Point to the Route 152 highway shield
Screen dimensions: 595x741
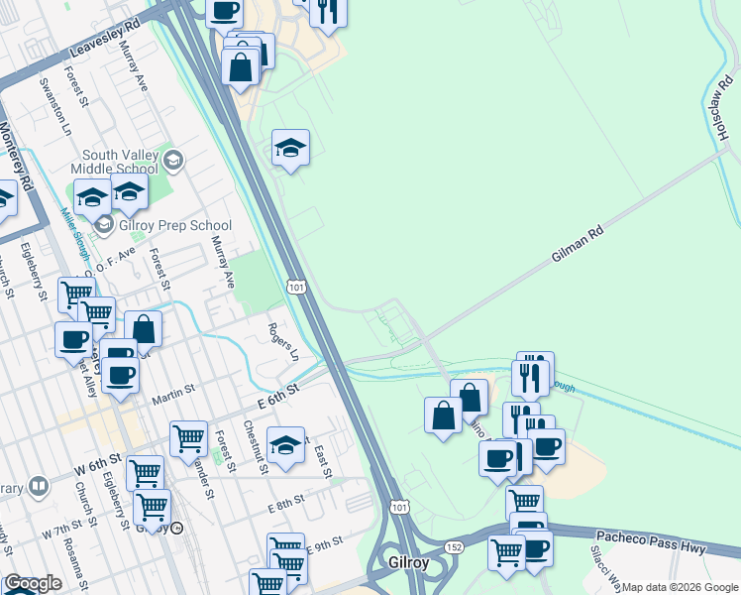[455, 546]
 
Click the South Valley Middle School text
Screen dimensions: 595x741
[120, 162]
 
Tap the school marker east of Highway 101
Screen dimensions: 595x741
[290, 149]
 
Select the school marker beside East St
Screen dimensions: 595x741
[285, 445]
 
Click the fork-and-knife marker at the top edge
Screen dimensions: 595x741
[327, 9]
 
